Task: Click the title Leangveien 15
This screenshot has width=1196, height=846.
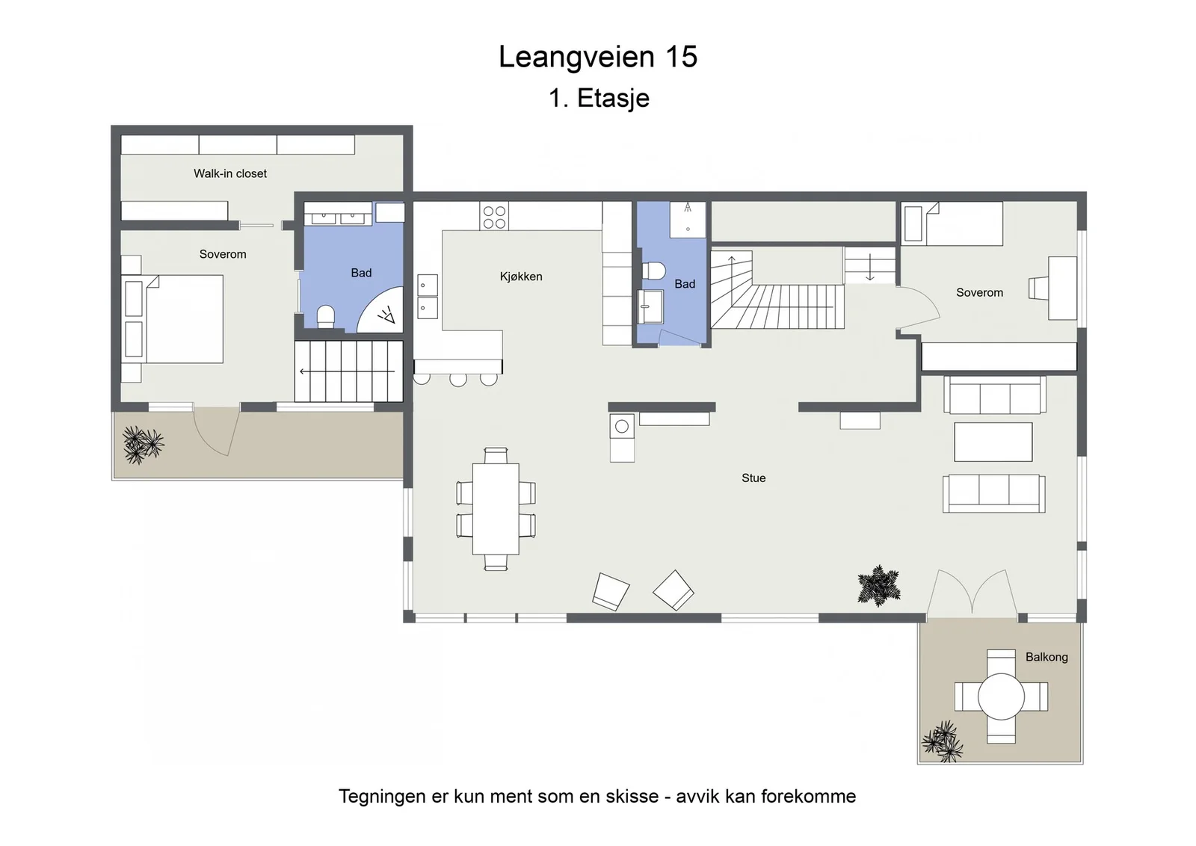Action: [598, 57]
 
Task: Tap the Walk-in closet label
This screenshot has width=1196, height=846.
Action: [230, 173]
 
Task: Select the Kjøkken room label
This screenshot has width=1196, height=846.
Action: [521, 277]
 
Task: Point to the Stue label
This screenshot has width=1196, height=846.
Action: [753, 478]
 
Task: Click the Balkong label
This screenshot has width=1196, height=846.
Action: [1046, 657]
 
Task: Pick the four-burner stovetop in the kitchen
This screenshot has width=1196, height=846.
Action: [494, 216]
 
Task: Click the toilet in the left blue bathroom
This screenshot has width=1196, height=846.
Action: [325, 317]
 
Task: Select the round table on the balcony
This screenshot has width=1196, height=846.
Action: [1001, 697]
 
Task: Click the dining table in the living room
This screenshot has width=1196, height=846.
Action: [496, 509]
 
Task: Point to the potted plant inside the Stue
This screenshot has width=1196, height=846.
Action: [879, 585]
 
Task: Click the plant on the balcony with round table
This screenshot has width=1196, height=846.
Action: [943, 741]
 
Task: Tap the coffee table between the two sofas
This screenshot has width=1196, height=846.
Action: [993, 442]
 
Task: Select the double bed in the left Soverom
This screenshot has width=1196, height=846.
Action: [172, 319]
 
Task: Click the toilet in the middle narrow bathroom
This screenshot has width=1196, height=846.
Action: [653, 271]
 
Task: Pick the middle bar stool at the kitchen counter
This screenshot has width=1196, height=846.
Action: [458, 379]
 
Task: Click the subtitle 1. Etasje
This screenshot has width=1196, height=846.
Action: [599, 98]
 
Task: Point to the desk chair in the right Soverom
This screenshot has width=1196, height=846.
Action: [1038, 288]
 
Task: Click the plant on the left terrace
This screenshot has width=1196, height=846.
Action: [143, 445]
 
